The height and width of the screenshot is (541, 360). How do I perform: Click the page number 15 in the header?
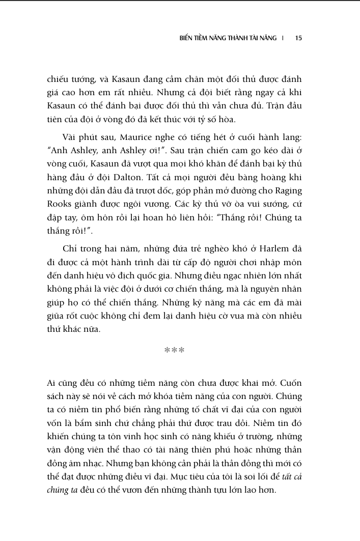299,38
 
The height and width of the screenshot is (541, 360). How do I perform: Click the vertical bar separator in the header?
284,38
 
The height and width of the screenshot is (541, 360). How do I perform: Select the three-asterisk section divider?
174,350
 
